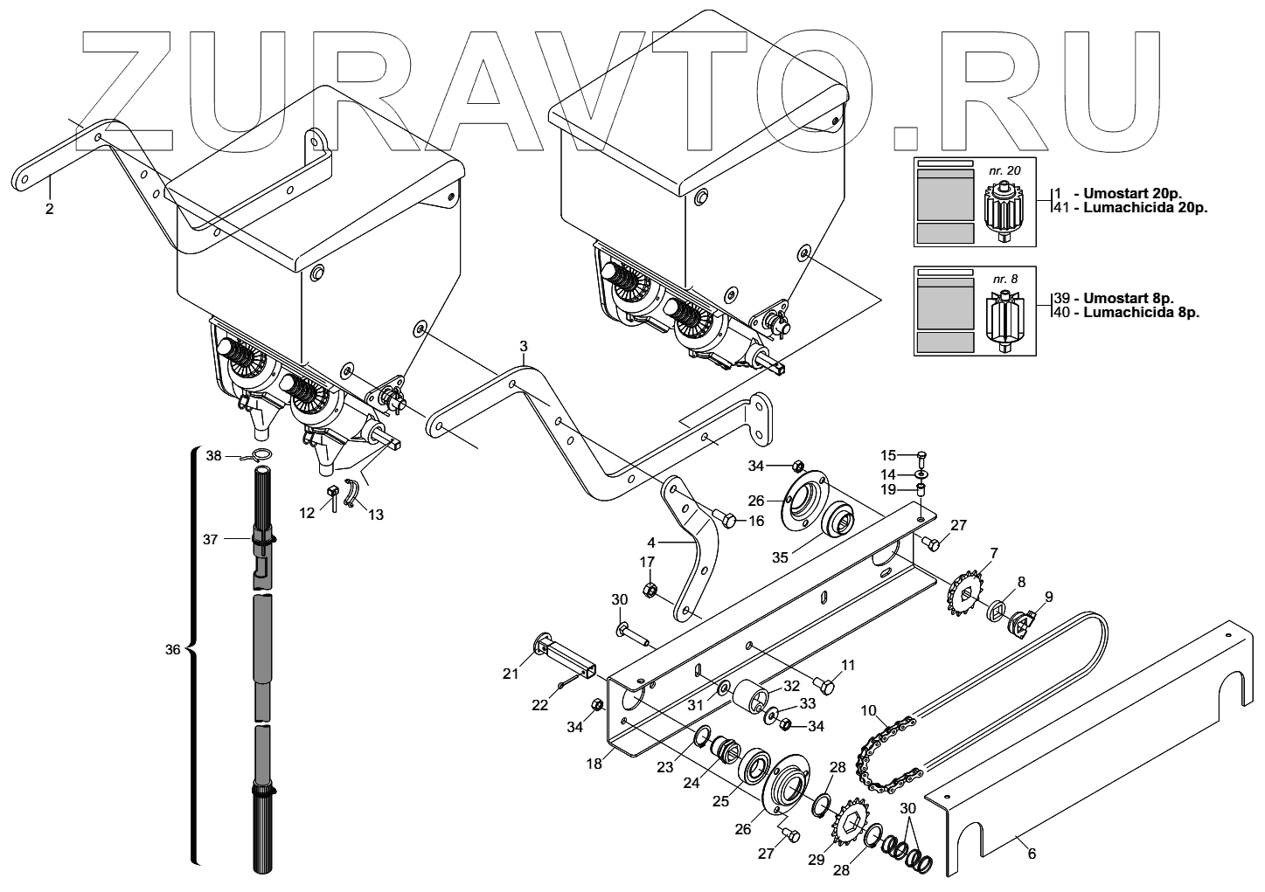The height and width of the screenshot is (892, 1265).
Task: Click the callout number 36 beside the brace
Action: coord(171,650)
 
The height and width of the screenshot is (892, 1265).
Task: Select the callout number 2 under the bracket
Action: coord(50,210)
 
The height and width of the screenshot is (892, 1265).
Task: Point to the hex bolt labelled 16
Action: coord(724,518)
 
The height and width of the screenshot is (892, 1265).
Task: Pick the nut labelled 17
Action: coord(650,590)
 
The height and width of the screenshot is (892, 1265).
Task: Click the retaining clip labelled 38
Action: coord(260,454)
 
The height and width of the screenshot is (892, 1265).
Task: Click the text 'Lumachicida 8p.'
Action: coord(1141,312)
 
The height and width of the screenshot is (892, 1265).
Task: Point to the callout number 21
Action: coord(511,673)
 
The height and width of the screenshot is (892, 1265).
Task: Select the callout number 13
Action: coord(375,515)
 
